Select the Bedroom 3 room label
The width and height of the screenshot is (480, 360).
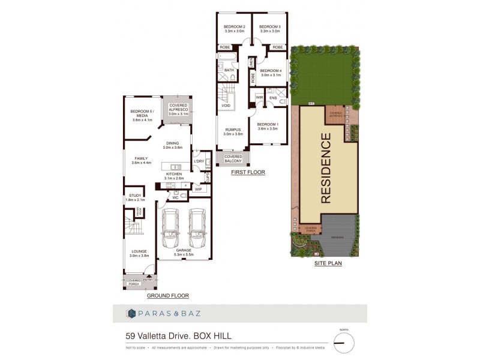[269, 27]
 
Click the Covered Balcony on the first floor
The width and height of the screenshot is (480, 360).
[233, 158]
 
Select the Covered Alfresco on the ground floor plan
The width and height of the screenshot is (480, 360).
[178, 108]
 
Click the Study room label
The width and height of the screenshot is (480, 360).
[135, 196]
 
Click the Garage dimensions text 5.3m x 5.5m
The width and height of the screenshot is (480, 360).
[184, 256]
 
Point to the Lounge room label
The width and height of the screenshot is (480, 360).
[139, 251]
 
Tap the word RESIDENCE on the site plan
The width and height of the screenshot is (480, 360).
[326, 169]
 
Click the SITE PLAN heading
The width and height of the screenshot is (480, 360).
[328, 263]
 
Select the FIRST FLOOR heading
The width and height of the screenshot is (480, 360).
[248, 172]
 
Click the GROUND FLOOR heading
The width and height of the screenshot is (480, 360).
[167, 296]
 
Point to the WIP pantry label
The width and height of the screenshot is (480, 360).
[198, 189]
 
